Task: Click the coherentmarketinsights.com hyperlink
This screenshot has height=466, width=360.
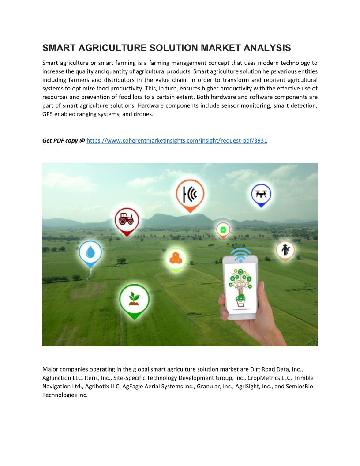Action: coord(177,141)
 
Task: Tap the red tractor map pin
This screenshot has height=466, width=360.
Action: coord(127,219)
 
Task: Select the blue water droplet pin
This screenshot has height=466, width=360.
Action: coord(90,252)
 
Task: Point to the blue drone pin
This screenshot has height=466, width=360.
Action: coord(261,195)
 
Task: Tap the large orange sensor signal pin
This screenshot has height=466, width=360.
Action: coord(190,194)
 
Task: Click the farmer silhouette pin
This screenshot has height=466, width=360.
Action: coord(285,250)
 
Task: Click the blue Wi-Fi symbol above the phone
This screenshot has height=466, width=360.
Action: coord(240,255)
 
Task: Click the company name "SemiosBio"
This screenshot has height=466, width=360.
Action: coord(298,386)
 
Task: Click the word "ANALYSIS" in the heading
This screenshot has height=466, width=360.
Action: coord(269,48)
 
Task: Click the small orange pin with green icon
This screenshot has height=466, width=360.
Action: coord(223,230)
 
